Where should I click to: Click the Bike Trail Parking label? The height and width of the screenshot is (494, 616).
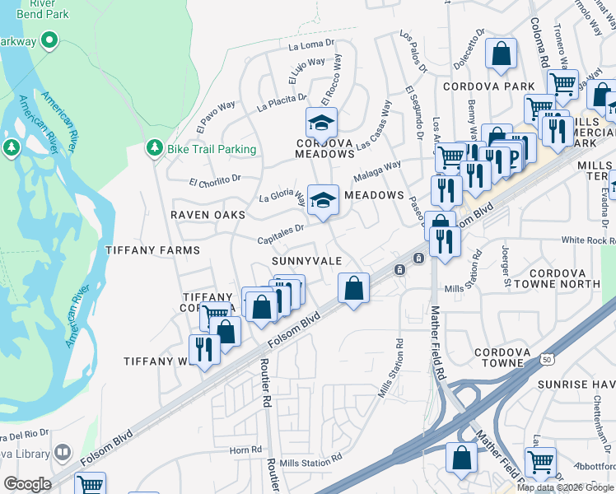tap(212, 149)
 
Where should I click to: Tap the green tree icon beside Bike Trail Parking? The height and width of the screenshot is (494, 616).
tap(153, 148)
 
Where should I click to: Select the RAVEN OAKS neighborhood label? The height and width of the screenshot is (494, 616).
tap(208, 215)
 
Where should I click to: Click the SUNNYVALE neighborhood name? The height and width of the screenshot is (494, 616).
tap(307, 260)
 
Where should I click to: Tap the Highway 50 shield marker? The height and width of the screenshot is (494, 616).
tap(547, 359)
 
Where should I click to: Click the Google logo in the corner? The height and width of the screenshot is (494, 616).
tap(27, 484)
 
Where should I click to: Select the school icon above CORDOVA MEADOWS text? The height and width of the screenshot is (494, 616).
tap(322, 123)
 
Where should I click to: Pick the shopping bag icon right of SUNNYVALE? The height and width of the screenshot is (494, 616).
tap(353, 288)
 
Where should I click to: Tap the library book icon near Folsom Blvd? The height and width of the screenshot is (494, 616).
tap(63, 453)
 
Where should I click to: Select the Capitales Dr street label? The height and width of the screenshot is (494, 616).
tap(281, 234)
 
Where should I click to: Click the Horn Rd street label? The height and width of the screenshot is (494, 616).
tap(245, 450)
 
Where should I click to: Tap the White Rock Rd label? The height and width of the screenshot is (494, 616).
tap(588, 240)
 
